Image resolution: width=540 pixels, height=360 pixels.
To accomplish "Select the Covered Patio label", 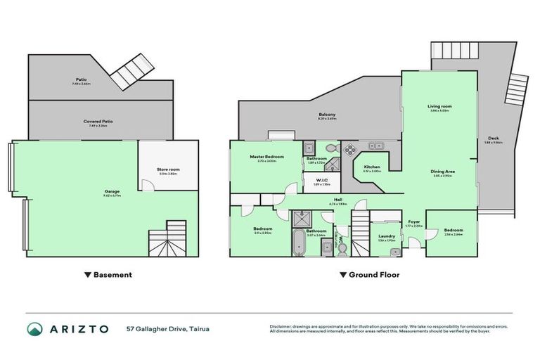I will click(98, 121).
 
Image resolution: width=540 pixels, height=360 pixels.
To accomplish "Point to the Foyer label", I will click(414, 221).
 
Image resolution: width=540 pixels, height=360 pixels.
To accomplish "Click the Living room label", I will click(439, 106).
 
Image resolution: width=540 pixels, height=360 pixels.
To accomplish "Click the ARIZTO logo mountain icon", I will click(34, 328).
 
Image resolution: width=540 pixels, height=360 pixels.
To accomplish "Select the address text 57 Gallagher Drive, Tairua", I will click(167, 328).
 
